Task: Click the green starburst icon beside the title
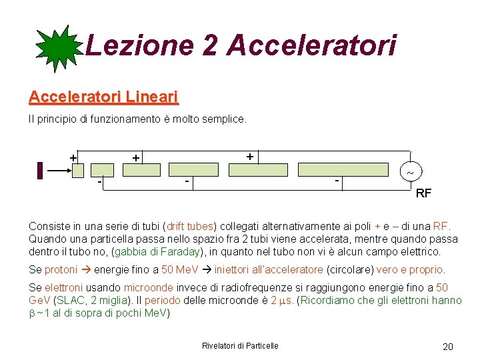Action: tap(59, 47)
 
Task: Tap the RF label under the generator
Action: tap(423, 194)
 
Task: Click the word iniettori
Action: tap(233, 269)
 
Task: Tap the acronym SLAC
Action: tap(69, 300)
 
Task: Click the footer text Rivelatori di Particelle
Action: tap(240, 345)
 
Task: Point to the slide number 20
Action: tap(447, 346)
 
